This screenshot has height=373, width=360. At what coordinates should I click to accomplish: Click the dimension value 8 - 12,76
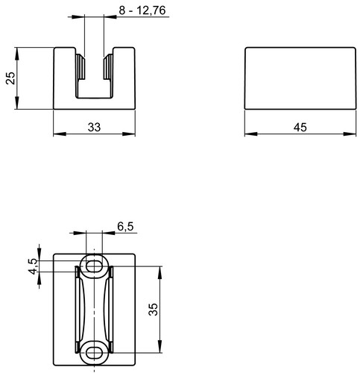pyautogui.click(x=142, y=10)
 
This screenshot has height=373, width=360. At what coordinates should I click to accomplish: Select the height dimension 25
pyautogui.click(x=10, y=78)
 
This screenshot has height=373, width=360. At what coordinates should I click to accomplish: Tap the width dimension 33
pyautogui.click(x=94, y=128)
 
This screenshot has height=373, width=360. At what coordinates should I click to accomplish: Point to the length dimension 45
pyautogui.click(x=300, y=128)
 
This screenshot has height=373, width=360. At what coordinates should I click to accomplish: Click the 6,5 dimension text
pyautogui.click(x=125, y=227)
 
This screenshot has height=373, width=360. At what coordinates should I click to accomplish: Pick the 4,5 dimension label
pyautogui.click(x=33, y=266)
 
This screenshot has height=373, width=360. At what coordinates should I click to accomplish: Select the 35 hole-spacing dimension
pyautogui.click(x=153, y=309)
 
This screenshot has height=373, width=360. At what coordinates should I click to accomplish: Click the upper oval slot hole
pyautogui.click(x=94, y=266)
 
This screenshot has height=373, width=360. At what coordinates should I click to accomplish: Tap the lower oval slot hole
pyautogui.click(x=94, y=353)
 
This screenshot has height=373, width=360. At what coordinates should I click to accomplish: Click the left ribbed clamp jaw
pyautogui.click(x=80, y=66)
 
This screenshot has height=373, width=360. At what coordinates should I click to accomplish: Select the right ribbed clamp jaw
pyautogui.click(x=108, y=66)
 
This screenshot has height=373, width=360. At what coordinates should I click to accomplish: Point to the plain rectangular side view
pyautogui.click(x=300, y=78)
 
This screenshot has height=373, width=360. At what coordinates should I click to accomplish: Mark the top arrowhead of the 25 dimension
pyautogui.click(x=17, y=54)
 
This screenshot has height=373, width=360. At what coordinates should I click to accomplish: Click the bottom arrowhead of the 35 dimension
pyautogui.click(x=160, y=346)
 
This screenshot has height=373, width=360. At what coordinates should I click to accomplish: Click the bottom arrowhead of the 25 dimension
pyautogui.click(x=17, y=103)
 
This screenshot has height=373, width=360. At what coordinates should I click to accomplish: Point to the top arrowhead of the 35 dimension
pyautogui.click(x=160, y=272)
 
